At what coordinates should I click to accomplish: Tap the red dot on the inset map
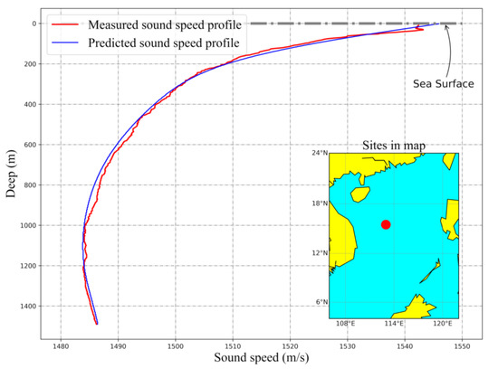(386, 224)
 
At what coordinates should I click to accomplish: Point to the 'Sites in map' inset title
(394, 145)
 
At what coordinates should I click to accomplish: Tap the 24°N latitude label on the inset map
(316, 154)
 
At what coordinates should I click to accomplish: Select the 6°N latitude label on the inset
(318, 302)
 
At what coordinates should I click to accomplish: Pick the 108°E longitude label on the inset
(345, 324)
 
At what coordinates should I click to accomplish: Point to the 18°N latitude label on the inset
(316, 203)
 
